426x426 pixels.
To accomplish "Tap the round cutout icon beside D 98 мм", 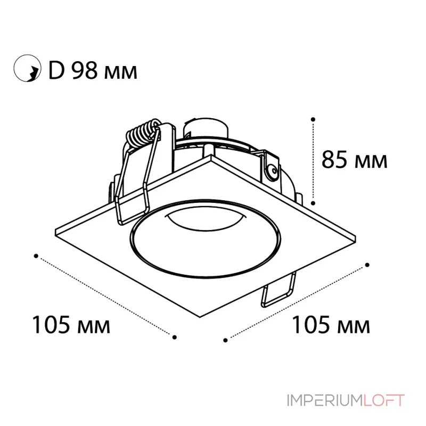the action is click(27, 68).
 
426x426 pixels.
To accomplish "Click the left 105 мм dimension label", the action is click(71, 324).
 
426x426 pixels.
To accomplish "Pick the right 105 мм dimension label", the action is click(331, 324).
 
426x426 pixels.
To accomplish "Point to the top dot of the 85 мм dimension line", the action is click(313, 119).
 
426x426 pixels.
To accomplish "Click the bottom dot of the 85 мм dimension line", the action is click(313, 203).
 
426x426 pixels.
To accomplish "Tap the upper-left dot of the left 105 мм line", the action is click(36, 256).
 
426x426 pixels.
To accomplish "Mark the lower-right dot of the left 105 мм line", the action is click(175, 337).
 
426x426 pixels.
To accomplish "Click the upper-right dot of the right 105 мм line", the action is click(367, 265).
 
